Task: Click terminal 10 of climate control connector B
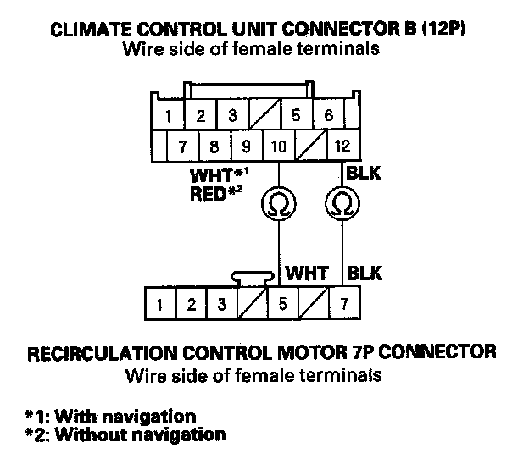click(276, 146)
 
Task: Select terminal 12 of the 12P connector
click(342, 146)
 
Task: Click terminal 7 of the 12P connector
click(182, 146)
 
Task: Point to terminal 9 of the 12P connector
click(246, 146)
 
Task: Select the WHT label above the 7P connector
click(306, 274)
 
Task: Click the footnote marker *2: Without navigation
click(126, 435)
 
